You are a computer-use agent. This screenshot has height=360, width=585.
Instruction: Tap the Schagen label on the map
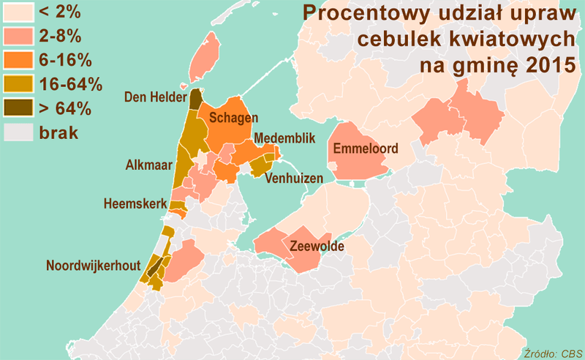click(233, 119)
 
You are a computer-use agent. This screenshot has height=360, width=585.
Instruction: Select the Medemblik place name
click(285, 138)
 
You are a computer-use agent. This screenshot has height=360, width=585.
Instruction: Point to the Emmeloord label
click(366, 149)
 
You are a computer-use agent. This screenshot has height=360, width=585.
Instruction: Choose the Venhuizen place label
click(296, 178)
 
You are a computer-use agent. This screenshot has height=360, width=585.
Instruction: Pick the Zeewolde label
click(317, 247)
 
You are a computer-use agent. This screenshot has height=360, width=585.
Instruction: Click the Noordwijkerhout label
click(92, 266)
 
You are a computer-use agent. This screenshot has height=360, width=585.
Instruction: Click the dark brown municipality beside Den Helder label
click(196, 100)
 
